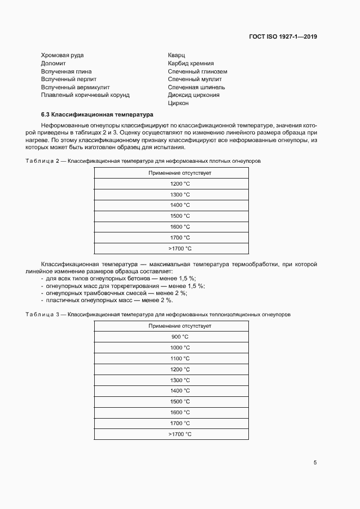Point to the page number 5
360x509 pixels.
315,463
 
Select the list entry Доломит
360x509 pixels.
53,63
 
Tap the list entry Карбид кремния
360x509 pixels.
191,63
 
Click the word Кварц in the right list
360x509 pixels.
177,56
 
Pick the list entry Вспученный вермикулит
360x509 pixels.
75,87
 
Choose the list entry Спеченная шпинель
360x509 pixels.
196,87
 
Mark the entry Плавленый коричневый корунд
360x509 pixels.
85,95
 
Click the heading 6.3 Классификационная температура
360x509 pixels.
97,115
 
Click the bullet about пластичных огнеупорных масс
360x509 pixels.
109,300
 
